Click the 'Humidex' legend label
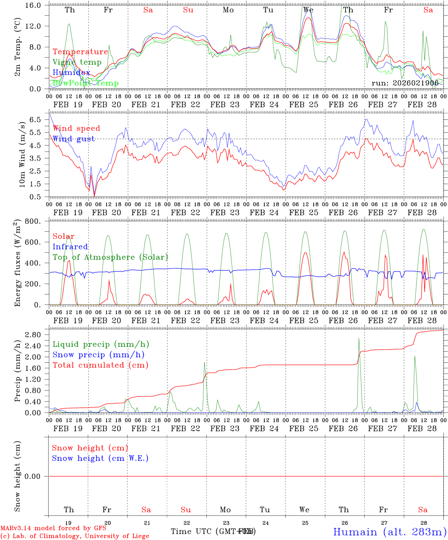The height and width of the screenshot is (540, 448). point(71,73)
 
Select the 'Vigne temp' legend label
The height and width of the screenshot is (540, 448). point(77,62)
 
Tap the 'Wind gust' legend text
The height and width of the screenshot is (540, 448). point(74,139)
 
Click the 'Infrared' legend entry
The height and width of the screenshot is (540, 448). point(70,247)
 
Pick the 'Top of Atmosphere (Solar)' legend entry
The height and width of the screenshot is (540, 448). point(110,257)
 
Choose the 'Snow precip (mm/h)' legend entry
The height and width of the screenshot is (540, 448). point(98,355)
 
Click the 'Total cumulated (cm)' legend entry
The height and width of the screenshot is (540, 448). point(101,365)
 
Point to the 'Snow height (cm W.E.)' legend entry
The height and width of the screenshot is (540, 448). point(100,458)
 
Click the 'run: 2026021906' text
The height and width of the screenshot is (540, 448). point(405,83)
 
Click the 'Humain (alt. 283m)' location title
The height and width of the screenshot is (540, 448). point(389,532)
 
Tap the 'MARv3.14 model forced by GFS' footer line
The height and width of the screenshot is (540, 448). point(53,528)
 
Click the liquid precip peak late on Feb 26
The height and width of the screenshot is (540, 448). point(359,338)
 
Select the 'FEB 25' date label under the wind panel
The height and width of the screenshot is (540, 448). point(304,212)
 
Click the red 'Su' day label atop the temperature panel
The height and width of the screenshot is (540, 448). point(188,10)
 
